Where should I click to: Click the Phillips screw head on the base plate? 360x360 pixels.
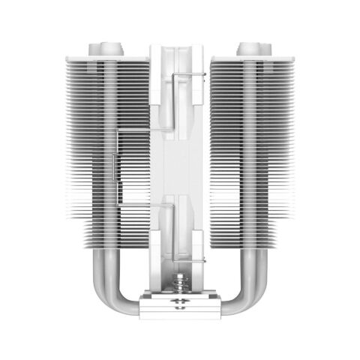tap(180, 304)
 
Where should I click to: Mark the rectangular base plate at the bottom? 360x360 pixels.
tap(180, 306)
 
